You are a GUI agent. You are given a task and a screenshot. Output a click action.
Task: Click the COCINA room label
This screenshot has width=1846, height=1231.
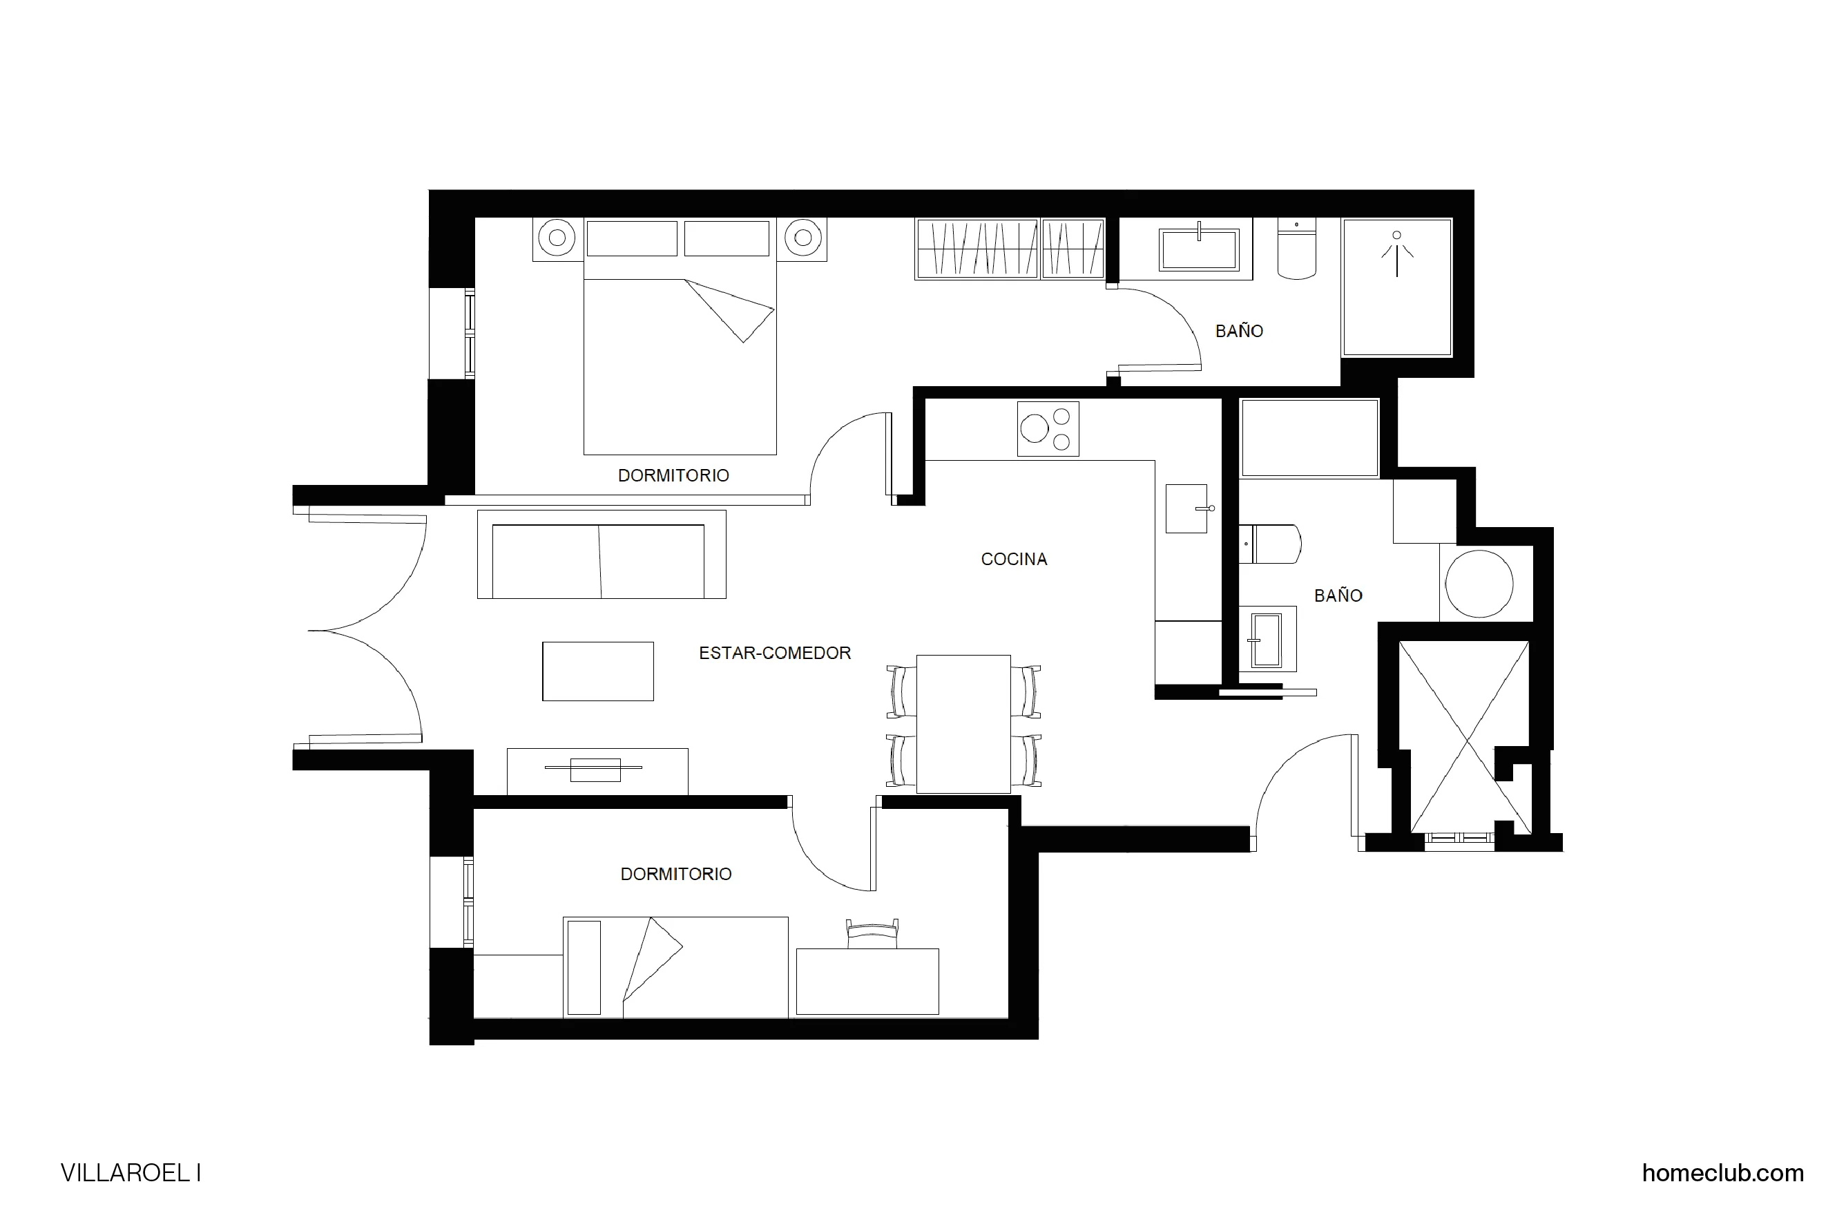tap(1013, 559)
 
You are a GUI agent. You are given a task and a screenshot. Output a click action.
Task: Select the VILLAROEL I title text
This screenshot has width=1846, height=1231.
tap(131, 1173)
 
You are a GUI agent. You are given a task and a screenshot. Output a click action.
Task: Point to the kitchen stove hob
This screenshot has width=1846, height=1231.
tap(1047, 429)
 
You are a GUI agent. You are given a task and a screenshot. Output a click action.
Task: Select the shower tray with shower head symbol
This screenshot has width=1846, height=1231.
tap(1396, 287)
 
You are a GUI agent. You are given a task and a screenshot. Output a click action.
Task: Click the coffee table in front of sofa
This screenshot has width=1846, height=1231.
tap(597, 671)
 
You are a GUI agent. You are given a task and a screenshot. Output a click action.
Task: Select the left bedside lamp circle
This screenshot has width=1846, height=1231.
tap(557, 237)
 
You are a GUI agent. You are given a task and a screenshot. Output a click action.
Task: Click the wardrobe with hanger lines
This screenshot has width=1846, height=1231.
tap(1010, 248)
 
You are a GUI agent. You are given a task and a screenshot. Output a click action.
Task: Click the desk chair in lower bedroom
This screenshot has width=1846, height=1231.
tap(872, 934)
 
